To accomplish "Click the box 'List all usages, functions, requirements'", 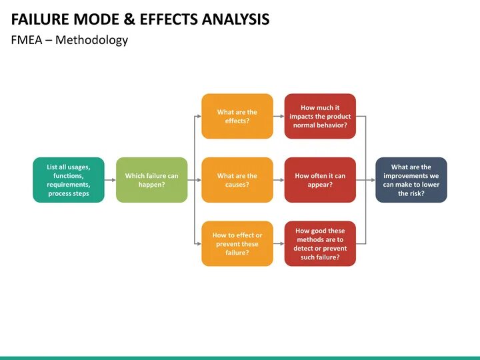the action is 69,180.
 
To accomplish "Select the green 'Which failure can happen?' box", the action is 151,180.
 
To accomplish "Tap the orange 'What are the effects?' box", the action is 237,116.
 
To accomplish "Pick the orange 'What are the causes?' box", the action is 237,180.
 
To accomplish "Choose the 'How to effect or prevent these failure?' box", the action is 237,243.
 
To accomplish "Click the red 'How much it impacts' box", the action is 320,116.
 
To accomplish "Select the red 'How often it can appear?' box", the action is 320,180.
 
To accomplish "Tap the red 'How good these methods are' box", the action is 320,243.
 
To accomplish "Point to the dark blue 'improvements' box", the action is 411,180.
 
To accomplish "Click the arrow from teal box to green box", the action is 110,180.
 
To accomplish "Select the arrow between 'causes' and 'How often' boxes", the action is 279,180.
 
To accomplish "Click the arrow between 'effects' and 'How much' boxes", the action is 279,116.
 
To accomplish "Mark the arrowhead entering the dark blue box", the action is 373,180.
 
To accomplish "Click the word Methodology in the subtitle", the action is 91,40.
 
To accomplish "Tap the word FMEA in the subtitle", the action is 26,40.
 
